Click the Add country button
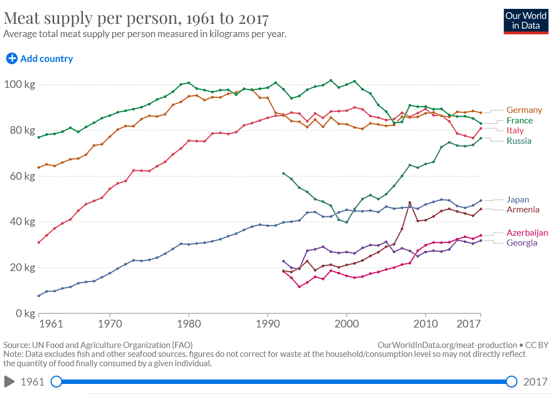coord(39,59)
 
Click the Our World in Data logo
coord(525,21)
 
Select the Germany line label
coord(524,110)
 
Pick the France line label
coord(519,120)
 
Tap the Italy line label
coord(515,131)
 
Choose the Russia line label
coord(519,141)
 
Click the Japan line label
coord(518,200)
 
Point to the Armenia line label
coord(523,210)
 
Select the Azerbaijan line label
coord(527,233)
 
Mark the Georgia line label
coord(522,243)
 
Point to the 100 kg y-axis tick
coord(19,85)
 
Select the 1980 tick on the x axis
coord(188,323)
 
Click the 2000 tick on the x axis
coord(346,323)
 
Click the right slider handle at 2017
coord(512,381)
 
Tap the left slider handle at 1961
coord(56,381)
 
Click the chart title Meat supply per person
coord(136,18)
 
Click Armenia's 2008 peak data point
coord(409,202)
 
